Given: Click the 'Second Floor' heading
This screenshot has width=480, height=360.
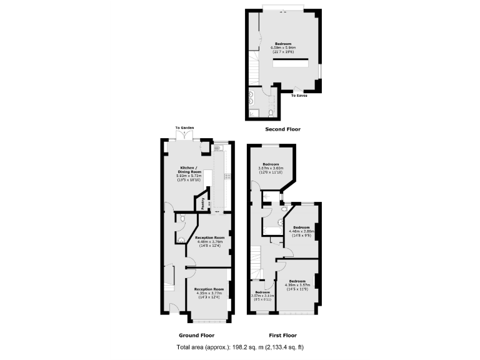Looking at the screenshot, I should [282, 129].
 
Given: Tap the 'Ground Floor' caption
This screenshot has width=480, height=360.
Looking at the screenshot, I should [197, 334].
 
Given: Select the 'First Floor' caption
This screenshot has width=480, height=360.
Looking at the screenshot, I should [282, 334].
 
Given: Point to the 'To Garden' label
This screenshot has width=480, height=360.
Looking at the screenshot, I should [185, 128].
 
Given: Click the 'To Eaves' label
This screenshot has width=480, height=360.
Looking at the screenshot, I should [299, 96].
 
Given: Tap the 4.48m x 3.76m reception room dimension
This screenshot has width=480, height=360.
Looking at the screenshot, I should [210, 242].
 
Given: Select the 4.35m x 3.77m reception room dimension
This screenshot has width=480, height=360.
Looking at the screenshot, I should [209, 293].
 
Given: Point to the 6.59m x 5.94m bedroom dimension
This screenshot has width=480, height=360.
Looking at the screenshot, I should [283, 47].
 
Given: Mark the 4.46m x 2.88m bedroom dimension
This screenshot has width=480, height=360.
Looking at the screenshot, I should [301, 231].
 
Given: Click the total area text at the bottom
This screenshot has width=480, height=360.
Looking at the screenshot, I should [241, 347].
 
